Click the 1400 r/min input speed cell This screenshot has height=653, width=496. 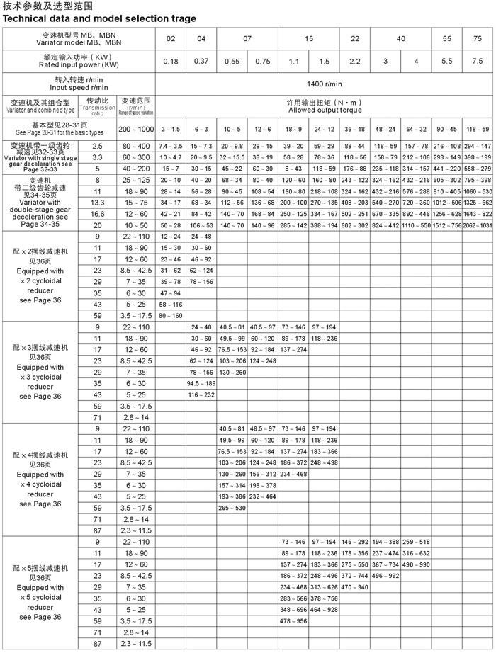(x=325, y=84)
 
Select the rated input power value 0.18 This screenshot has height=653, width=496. (x=171, y=62)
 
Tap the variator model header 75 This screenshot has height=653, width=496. (x=476, y=38)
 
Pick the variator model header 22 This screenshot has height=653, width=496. (x=354, y=38)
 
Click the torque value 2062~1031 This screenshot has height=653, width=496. (x=476, y=225)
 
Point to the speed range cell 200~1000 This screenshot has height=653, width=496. (x=135, y=130)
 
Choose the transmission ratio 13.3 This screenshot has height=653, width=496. (x=97, y=203)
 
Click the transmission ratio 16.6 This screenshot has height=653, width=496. (x=97, y=213)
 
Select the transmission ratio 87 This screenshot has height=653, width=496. (x=97, y=643)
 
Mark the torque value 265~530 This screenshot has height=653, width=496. (x=232, y=508)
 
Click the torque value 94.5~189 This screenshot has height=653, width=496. (x=201, y=383)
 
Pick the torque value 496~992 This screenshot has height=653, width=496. (x=385, y=576)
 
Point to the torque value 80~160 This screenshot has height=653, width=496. (x=171, y=314)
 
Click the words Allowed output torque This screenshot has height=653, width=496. (x=325, y=110)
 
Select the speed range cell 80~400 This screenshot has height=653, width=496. (x=135, y=145)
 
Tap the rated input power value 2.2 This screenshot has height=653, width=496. (x=354, y=62)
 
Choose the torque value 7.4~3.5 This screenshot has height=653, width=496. (x=171, y=145)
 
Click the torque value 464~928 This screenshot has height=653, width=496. (x=324, y=609)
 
